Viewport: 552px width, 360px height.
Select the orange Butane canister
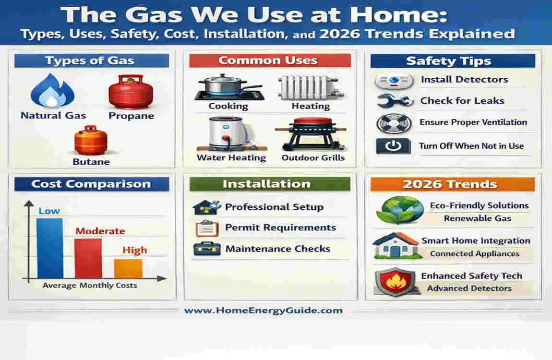(90, 140)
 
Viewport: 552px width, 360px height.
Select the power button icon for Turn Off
(393, 146)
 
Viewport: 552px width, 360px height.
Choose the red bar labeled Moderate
(88, 258)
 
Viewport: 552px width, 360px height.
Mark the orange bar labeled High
(128, 268)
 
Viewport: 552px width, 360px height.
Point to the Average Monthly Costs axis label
(90, 285)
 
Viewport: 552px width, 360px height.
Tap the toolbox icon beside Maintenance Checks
(206, 249)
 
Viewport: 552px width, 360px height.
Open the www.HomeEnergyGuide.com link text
(263, 310)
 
